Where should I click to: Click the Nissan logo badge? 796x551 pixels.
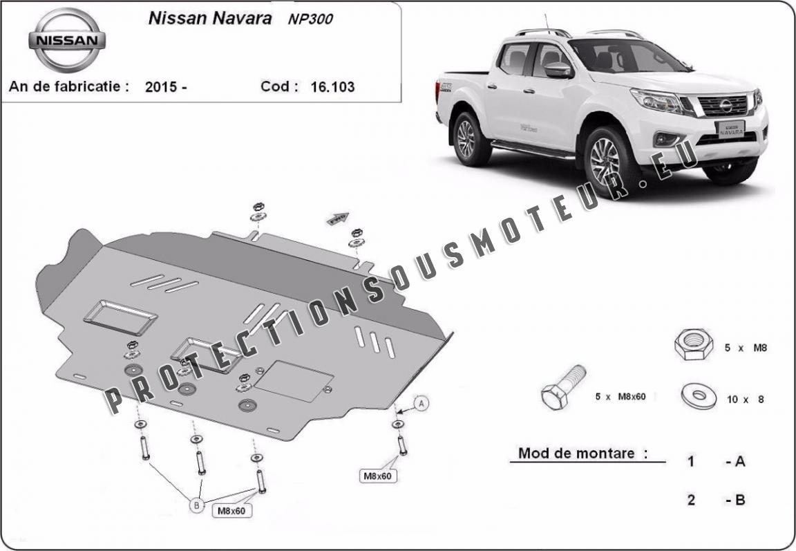(67, 40)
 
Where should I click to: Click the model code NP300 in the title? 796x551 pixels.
(310, 19)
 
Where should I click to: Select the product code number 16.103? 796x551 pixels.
(332, 87)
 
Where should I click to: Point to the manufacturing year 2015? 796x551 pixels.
(161, 87)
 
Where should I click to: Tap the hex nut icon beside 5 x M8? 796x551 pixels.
(694, 344)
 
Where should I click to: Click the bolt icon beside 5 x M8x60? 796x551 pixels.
(563, 387)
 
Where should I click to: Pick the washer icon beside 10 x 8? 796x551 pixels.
(699, 395)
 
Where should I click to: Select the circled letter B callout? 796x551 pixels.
(196, 505)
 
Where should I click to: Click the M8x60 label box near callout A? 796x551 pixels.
(378, 476)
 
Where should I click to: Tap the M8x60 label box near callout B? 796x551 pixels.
(231, 511)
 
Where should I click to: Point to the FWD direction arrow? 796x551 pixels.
(338, 219)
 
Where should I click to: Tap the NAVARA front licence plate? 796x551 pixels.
(730, 129)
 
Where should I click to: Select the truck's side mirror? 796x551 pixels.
(558, 70)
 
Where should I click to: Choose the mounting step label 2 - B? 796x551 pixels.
(716, 500)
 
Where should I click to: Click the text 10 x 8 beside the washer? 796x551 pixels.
(746, 399)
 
